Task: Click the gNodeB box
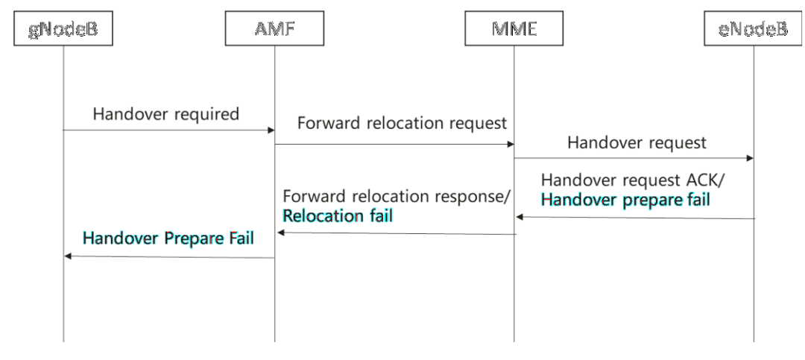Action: [x=63, y=28]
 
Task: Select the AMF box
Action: [x=274, y=28]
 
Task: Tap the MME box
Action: [x=514, y=28]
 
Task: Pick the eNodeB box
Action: [x=753, y=28]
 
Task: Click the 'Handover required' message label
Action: [x=165, y=113]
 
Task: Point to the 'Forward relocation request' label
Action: [x=402, y=123]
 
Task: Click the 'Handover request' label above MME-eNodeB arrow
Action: [x=637, y=142]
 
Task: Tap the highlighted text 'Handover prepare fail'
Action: [x=625, y=199]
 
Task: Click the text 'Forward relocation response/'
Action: [x=397, y=196]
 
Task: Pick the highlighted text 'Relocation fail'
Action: [x=338, y=215]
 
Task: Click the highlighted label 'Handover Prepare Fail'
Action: [x=168, y=239]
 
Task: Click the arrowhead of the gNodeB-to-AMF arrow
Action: [x=271, y=130]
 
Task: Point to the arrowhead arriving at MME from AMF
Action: [x=511, y=145]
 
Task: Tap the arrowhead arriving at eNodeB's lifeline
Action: [x=750, y=158]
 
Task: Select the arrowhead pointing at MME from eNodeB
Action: [x=519, y=217]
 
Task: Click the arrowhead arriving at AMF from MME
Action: [x=280, y=233]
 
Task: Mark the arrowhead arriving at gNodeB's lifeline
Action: [x=68, y=256]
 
